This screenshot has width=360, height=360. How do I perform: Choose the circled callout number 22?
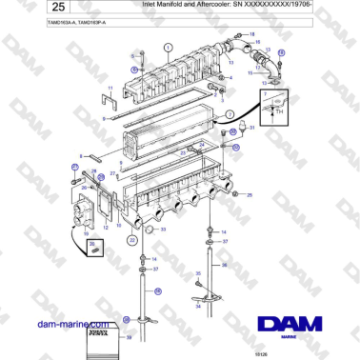[131, 240]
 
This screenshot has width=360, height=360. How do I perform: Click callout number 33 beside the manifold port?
[163, 229]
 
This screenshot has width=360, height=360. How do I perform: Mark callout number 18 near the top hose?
[253, 34]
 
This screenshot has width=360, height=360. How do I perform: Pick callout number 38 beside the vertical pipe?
[225, 266]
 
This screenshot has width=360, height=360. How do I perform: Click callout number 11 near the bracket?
[110, 89]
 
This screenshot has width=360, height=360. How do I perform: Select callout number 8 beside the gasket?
[103, 118]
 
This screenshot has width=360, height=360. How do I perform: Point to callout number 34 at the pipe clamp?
[197, 306]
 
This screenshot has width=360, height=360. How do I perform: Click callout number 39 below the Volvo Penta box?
[129, 337]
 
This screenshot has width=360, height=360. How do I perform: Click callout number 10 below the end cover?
[88, 231]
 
